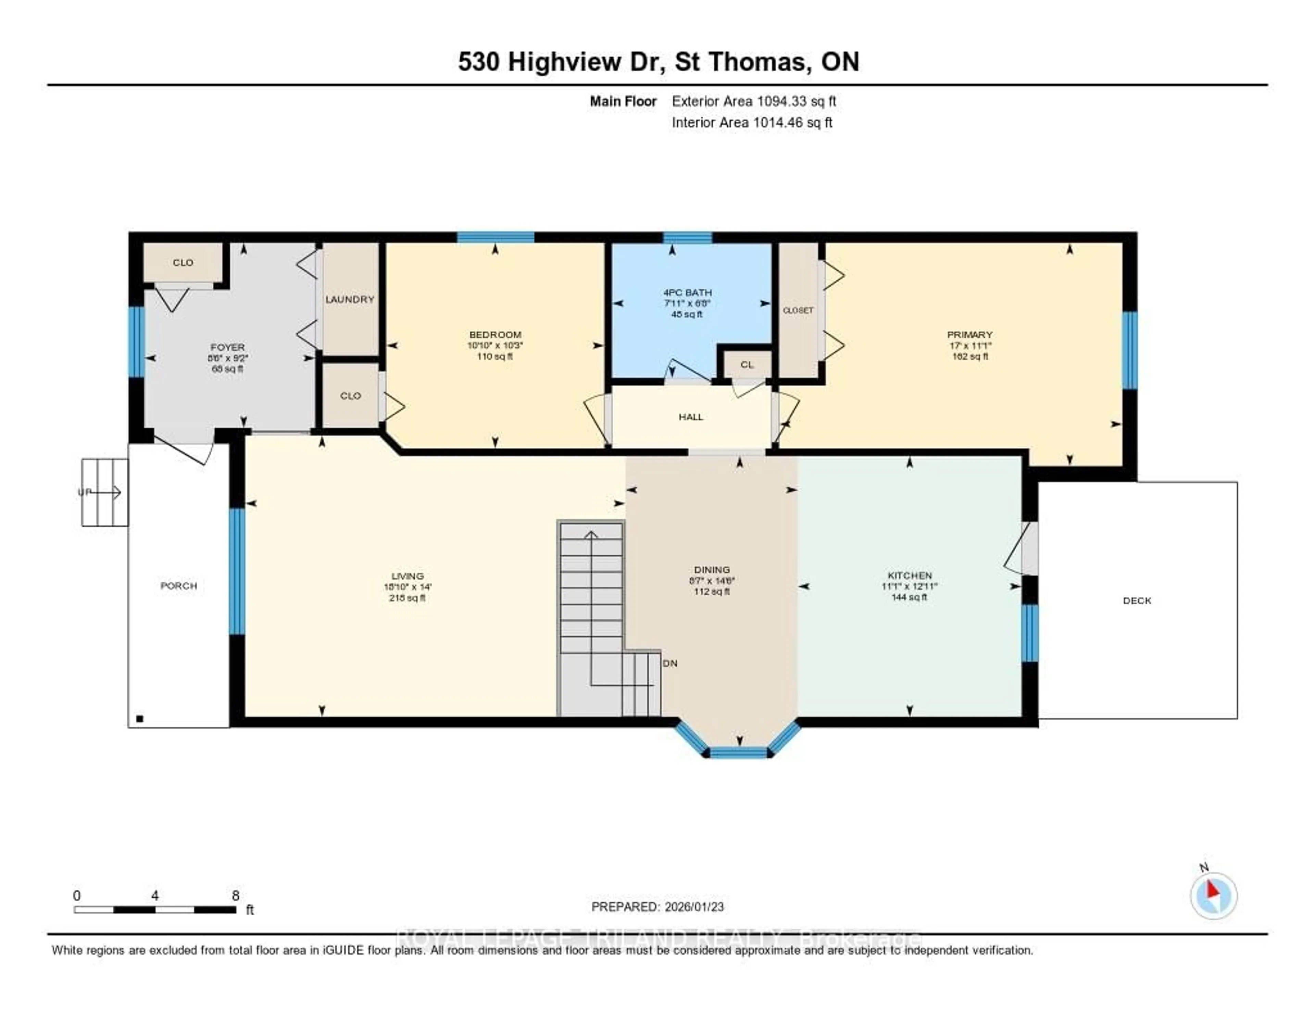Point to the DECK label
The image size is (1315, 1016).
(1137, 600)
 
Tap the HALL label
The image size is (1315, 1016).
(691, 417)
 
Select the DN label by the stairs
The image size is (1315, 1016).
(670, 663)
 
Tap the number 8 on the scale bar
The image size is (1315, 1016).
(235, 895)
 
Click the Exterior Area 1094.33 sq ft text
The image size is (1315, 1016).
(754, 101)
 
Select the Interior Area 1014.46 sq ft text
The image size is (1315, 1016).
(752, 122)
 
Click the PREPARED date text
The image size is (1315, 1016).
(657, 906)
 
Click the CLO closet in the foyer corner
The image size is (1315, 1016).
(183, 263)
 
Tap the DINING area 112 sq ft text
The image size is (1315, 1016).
(712, 592)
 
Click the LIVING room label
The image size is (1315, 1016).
(407, 576)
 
